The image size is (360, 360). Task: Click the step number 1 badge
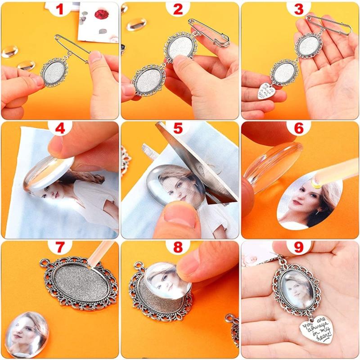click(60, 9)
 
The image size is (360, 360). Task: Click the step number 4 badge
click(60, 129)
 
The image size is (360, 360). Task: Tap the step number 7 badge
click(60, 248)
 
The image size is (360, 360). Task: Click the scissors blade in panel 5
click(198, 157)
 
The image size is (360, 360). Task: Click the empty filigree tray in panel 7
click(80, 283)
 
